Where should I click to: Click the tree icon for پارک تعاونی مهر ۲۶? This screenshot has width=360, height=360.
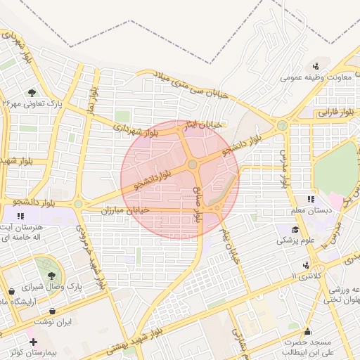(32, 92)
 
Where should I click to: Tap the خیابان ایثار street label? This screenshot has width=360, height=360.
(207, 124)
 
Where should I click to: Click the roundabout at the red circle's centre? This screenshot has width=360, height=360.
(192, 165)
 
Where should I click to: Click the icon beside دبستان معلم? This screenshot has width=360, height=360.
(311, 200)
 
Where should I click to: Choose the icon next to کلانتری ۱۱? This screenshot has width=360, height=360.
(306, 265)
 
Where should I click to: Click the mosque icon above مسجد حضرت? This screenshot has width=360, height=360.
(307, 332)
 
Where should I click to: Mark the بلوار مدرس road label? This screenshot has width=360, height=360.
(283, 167)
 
